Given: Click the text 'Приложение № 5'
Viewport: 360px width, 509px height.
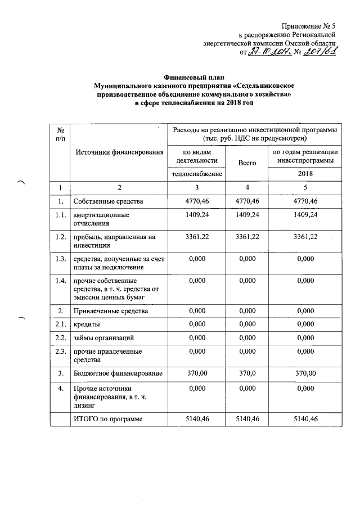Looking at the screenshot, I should [x=310, y=25].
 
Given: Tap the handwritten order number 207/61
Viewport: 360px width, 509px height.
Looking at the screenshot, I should [x=319, y=52].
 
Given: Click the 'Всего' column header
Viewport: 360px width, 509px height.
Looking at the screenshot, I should [x=247, y=163].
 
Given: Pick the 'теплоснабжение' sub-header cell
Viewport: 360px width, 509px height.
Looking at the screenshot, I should [x=196, y=174].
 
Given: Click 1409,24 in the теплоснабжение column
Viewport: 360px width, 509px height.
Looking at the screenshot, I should [x=196, y=215].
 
